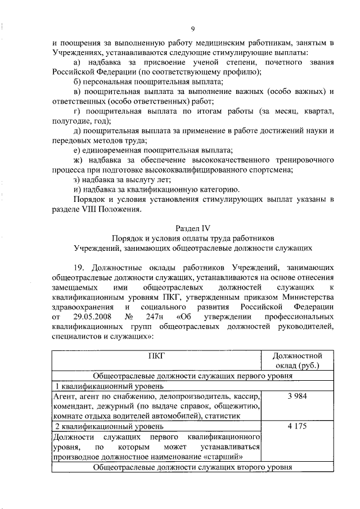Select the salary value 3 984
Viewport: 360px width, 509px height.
296,397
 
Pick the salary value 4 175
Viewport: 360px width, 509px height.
296,426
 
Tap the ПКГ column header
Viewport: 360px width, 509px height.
156,355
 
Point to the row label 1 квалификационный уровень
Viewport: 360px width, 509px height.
109,386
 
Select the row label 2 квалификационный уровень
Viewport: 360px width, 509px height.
109,427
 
